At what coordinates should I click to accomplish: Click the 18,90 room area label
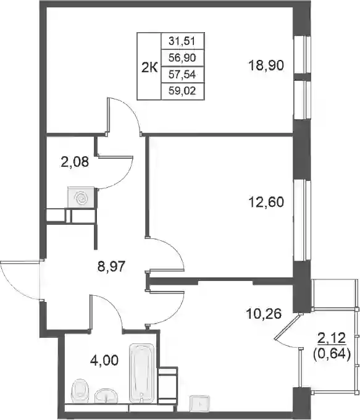click(x=266, y=65)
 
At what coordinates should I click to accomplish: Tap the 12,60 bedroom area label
click(x=266, y=202)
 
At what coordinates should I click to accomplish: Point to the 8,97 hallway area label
click(x=111, y=267)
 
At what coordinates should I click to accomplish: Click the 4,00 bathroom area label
click(x=104, y=360)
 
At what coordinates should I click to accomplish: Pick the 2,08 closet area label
click(x=75, y=162)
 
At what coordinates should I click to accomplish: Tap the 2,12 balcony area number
click(x=332, y=338)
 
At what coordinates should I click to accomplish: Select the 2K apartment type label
click(x=149, y=67)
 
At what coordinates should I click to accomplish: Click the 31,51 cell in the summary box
click(x=182, y=41)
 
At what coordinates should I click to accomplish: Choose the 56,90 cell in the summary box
click(x=182, y=57)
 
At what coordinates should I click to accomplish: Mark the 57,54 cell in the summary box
click(x=182, y=75)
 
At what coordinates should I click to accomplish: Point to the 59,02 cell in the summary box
click(x=182, y=91)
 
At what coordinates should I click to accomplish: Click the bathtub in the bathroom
click(x=141, y=374)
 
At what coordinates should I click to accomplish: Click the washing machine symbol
click(x=82, y=198)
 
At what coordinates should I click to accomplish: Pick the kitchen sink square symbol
click(x=200, y=404)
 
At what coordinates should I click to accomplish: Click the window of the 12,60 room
click(x=303, y=220)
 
